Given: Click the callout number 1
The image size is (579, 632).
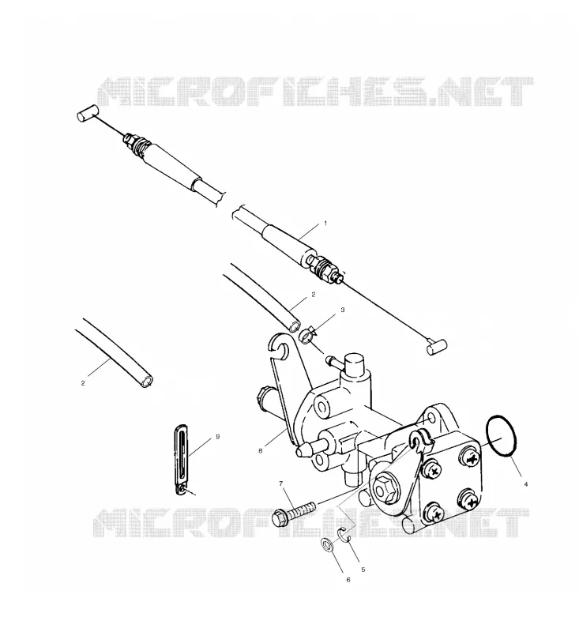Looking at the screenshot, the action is coord(325,223).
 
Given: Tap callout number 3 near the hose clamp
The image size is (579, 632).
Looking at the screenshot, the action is coord(343,310).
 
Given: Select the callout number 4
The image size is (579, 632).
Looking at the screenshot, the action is coord(525,484).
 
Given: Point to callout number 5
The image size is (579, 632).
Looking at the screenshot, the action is coord(363,570).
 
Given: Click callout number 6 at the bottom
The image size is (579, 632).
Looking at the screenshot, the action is coord(348,580).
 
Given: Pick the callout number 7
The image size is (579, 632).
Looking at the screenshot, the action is coord(281,483).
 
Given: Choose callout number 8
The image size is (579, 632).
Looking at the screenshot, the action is coord(261,451).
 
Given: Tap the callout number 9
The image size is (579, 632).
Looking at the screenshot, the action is coord(218,437).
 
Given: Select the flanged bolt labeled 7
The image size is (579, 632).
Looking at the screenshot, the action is coord(294,511).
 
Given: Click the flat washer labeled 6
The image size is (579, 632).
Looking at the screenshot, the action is coord(326,546).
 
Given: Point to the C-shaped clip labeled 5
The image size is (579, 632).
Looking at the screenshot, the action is coord(341,534).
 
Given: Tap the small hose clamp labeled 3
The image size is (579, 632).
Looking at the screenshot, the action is coord(308,335).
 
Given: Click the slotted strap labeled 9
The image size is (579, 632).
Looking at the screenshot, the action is coord(182,459).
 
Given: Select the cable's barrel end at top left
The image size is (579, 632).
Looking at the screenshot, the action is coord(87,112).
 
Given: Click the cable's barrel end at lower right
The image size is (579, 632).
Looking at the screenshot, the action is coord(437,347).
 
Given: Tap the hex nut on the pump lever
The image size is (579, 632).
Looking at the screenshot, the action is coord(382,489).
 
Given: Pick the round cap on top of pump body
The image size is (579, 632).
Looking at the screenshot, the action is coord(355,363).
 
